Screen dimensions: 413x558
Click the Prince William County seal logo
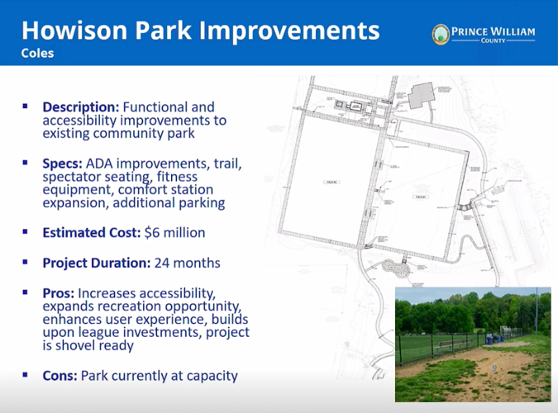point(441,34)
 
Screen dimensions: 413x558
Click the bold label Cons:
point(61,376)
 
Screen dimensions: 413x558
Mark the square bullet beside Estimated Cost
point(26,232)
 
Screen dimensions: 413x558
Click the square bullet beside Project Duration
point(26,263)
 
